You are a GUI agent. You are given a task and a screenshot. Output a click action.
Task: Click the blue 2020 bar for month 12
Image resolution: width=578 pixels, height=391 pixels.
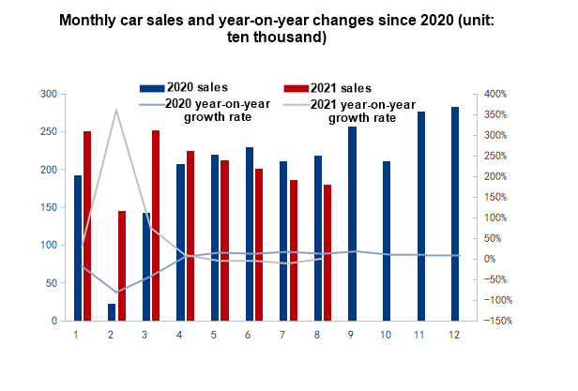(x=455, y=214)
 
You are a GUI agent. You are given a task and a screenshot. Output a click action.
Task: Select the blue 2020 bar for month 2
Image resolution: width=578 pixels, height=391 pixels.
(x=113, y=312)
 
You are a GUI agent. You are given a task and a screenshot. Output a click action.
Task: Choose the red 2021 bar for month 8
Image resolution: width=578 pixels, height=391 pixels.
(x=327, y=252)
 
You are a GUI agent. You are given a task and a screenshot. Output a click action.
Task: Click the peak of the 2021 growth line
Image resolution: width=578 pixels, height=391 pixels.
(x=116, y=111)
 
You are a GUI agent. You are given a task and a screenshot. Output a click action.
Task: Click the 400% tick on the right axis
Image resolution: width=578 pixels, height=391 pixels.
(x=496, y=95)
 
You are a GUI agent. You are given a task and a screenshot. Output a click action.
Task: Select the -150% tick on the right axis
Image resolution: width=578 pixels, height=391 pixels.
(x=496, y=321)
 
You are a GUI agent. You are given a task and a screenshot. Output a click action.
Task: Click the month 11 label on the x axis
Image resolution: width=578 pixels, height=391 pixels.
(x=419, y=335)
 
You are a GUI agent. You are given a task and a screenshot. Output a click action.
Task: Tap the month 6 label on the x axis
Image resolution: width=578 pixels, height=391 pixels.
(x=249, y=335)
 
